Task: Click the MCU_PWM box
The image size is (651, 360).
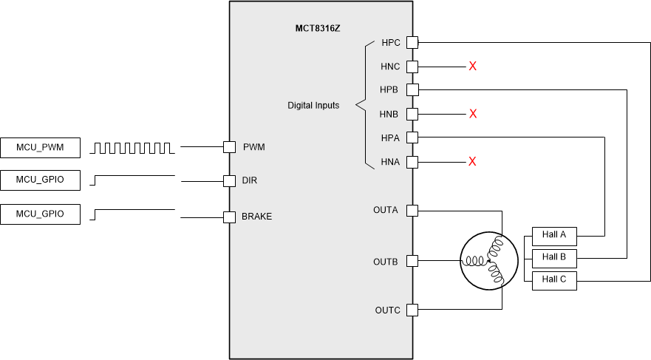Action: coord(40,148)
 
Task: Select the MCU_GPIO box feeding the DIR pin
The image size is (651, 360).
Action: coord(40,180)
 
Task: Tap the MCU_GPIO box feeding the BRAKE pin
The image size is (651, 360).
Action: coord(40,214)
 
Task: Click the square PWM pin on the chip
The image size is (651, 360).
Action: coord(229,147)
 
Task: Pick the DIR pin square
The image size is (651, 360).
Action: coord(229,180)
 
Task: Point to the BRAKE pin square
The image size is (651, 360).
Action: coord(229,217)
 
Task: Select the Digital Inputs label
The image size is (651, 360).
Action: coord(313,106)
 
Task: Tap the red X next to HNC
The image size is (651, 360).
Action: coord(473,67)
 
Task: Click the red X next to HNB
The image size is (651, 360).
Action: coord(473,114)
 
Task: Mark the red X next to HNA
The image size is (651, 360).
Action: coord(473,161)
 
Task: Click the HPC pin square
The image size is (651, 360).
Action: coord(412,43)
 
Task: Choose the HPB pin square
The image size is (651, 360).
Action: coord(412,90)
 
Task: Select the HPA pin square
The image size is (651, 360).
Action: coord(412,137)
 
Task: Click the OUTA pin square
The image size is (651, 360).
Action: coord(412,211)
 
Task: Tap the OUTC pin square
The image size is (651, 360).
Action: coord(412,310)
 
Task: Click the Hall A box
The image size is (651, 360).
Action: coord(553,236)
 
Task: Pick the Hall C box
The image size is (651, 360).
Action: coord(553,280)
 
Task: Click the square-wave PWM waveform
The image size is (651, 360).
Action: coord(132,148)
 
